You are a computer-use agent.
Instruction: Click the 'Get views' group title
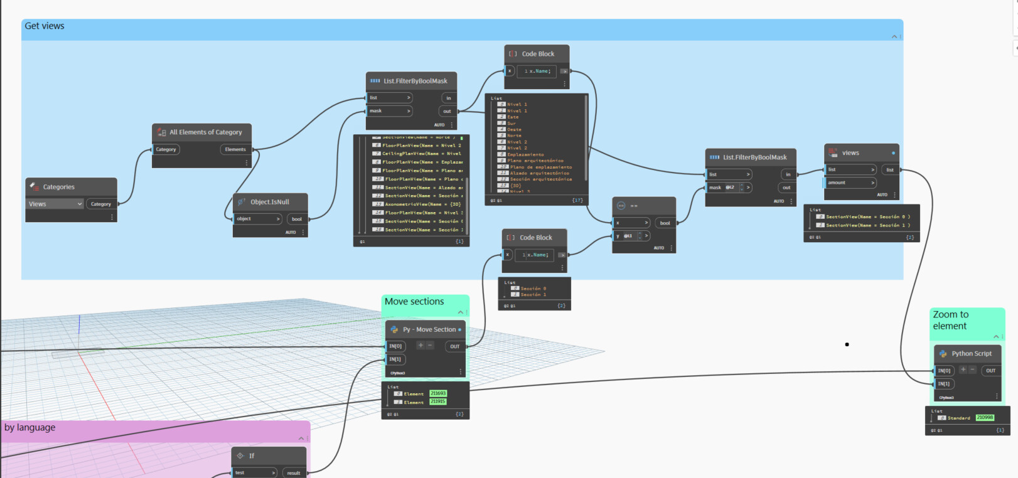pyautogui.click(x=45, y=26)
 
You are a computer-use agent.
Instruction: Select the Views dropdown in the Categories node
pyautogui.click(x=55, y=204)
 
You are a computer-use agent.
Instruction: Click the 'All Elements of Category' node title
pyautogui.click(x=205, y=132)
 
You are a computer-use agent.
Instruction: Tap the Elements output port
pyautogui.click(x=236, y=149)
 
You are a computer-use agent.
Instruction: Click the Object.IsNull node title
pyautogui.click(x=269, y=202)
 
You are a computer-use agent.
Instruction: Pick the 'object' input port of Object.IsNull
pyautogui.click(x=257, y=219)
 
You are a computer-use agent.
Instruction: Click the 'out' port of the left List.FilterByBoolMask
pyautogui.click(x=447, y=111)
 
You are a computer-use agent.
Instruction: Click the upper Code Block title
pyautogui.click(x=538, y=54)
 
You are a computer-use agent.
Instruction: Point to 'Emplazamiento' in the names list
pyautogui.click(x=525, y=154)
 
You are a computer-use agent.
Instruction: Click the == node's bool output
pyautogui.click(x=665, y=223)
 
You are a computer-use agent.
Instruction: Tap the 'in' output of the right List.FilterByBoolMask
pyautogui.click(x=788, y=174)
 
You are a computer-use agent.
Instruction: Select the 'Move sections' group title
pyautogui.click(x=414, y=302)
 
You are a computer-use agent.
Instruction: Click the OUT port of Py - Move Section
pyautogui.click(x=454, y=346)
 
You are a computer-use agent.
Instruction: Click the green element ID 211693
pyautogui.click(x=438, y=394)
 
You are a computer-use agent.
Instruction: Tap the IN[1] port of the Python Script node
pyautogui.click(x=944, y=383)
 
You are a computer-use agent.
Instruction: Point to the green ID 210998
pyautogui.click(x=985, y=418)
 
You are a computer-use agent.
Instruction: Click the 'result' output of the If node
pyautogui.click(x=294, y=473)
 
